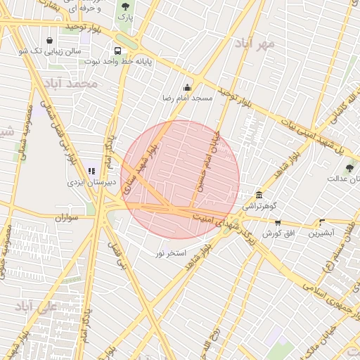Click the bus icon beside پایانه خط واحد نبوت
click(x=117, y=51)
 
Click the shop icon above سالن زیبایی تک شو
click(x=49, y=40)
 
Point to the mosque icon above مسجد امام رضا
click(x=187, y=88)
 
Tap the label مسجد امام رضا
click(x=188, y=98)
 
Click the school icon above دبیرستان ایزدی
click(x=91, y=171)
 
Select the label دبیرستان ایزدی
click(x=91, y=182)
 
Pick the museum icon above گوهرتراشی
click(x=259, y=195)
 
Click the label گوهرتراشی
click(x=260, y=206)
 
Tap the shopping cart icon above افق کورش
click(x=278, y=222)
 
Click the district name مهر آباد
click(x=274, y=44)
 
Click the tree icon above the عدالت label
click(x=349, y=167)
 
